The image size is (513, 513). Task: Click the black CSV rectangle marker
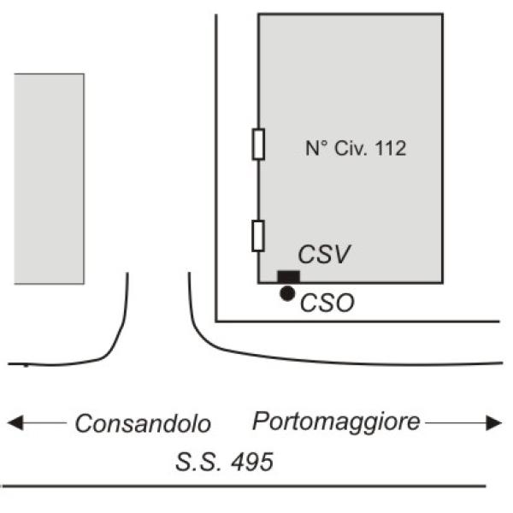pyautogui.click(x=288, y=275)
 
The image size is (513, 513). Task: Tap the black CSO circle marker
pyautogui.click(x=287, y=293)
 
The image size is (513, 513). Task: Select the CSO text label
pyautogui.click(x=327, y=303)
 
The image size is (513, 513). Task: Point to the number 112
pyautogui.click(x=388, y=148)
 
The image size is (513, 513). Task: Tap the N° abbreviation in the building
pyautogui.click(x=315, y=148)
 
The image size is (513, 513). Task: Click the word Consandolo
pyautogui.click(x=143, y=423)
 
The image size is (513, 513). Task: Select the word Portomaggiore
pyautogui.click(x=337, y=421)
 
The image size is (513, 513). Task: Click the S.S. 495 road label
pyautogui.click(x=224, y=463)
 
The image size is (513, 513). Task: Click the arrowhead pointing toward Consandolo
pyautogui.click(x=13, y=422)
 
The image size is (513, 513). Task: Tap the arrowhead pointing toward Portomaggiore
pyautogui.click(x=494, y=422)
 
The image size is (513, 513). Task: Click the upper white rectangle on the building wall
pyautogui.click(x=257, y=144)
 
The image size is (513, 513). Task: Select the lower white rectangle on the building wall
pyautogui.click(x=257, y=235)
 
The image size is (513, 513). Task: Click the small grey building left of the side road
pyautogui.click(x=49, y=178)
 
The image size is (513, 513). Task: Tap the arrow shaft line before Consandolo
pyautogui.click(x=43, y=422)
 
